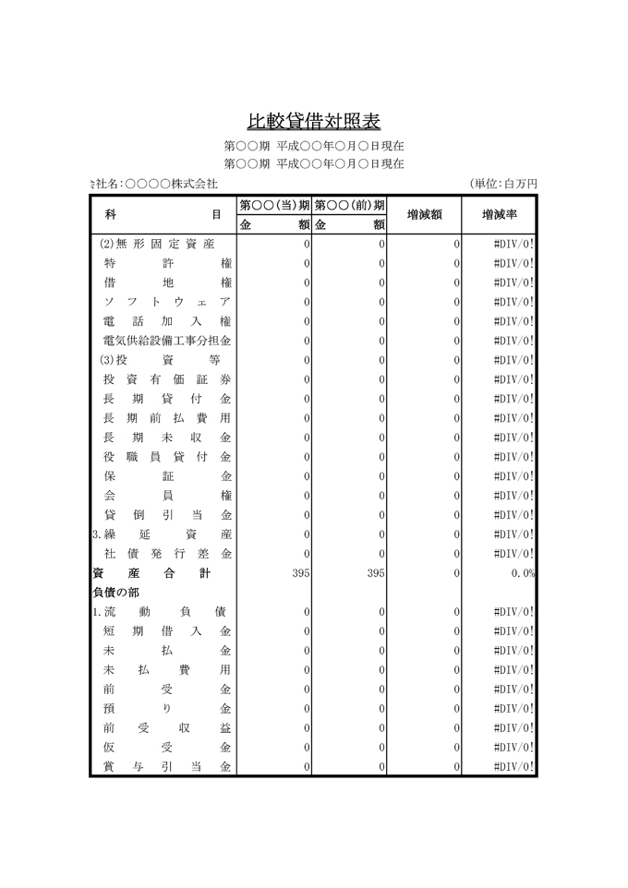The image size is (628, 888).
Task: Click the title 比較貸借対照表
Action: tap(313, 121)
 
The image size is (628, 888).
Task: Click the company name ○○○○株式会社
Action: tap(170, 184)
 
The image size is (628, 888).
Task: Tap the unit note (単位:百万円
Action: tap(502, 184)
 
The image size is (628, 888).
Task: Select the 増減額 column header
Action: tap(424, 214)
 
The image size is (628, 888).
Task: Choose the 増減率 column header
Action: tap(499, 214)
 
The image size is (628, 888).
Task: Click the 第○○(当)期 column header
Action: tap(274, 205)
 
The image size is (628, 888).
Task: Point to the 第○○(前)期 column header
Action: tap(349, 205)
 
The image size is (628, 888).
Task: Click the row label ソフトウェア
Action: tap(166, 302)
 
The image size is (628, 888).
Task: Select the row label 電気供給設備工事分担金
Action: tap(166, 341)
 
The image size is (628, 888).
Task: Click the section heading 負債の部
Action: tap(116, 593)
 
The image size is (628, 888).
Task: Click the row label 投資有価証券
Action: tap(166, 379)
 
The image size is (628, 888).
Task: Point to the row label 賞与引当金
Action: tap(166, 767)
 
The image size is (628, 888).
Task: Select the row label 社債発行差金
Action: tap(166, 554)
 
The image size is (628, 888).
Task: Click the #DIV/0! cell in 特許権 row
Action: tap(513, 263)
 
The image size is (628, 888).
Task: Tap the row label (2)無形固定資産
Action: tap(157, 244)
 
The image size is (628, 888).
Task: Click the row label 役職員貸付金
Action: tap(166, 457)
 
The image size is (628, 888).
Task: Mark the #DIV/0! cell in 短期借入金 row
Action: tap(513, 631)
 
